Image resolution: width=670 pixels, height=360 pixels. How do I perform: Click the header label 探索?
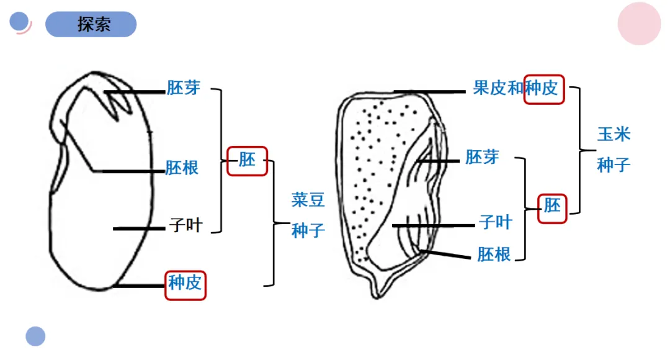click(x=94, y=24)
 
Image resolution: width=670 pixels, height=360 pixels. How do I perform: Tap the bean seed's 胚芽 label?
click(x=184, y=88)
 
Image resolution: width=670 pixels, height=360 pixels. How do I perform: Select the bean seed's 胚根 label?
click(x=182, y=168)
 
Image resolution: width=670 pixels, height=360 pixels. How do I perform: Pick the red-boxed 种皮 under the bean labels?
click(x=185, y=284)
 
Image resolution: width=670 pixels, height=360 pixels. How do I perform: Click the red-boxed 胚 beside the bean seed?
click(x=247, y=160)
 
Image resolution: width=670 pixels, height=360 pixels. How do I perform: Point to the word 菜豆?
click(x=308, y=200)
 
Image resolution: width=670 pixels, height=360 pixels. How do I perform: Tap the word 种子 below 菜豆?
click(x=308, y=231)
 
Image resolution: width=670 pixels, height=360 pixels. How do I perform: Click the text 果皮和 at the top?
click(x=498, y=88)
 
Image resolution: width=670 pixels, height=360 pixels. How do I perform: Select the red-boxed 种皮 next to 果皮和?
click(x=544, y=88)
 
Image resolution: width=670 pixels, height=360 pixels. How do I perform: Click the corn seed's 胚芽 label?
click(x=482, y=156)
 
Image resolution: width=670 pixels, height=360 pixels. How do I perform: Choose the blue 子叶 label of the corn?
click(x=495, y=222)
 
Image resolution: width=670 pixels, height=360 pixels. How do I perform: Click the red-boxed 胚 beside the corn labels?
click(x=552, y=205)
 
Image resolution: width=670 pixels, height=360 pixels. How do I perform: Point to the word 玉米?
click(x=614, y=134)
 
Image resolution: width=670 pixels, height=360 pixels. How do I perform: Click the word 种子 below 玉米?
click(x=614, y=165)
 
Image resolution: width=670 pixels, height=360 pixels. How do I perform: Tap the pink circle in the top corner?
click(x=639, y=24)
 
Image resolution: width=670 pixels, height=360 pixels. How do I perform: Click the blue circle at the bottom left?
click(x=35, y=336)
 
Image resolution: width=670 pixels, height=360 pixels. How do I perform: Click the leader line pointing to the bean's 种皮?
click(x=140, y=286)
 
